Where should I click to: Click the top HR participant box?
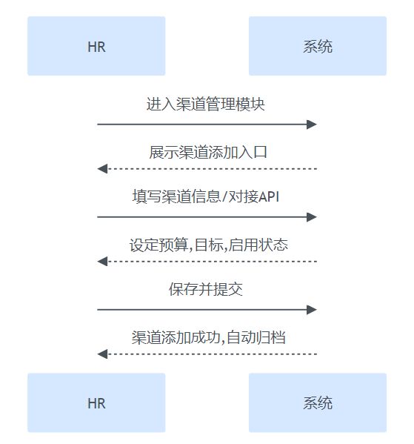pyautogui.click(x=96, y=46)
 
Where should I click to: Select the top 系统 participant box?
pyautogui.click(x=318, y=46)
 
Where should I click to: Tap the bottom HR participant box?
pyautogui.click(x=96, y=402)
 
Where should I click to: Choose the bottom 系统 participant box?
pyautogui.click(x=318, y=402)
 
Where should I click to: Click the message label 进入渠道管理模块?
pyautogui.click(x=205, y=104)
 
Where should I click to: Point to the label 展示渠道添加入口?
pyautogui.click(x=208, y=152)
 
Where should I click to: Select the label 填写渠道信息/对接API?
pyautogui.click(x=206, y=196)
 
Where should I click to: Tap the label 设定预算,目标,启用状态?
pyautogui.click(x=209, y=245)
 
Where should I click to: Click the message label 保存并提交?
pyautogui.click(x=206, y=289)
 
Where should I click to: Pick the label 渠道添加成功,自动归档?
pyautogui.click(x=209, y=337)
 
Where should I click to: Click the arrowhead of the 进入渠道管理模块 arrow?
pyautogui.click(x=312, y=125)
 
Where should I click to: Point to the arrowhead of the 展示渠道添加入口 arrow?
pyautogui.click(x=102, y=169)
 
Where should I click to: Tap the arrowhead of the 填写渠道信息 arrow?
pyautogui.click(x=312, y=217)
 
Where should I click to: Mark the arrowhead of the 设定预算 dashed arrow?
pyautogui.click(x=102, y=262)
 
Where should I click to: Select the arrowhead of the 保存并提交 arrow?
pyautogui.click(x=312, y=310)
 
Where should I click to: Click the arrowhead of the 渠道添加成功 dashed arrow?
pyautogui.click(x=102, y=354)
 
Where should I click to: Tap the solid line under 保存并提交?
pyautogui.click(x=207, y=310)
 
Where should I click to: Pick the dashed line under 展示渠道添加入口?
pyautogui.click(x=207, y=169)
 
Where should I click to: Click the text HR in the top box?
pyautogui.click(x=96, y=47)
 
